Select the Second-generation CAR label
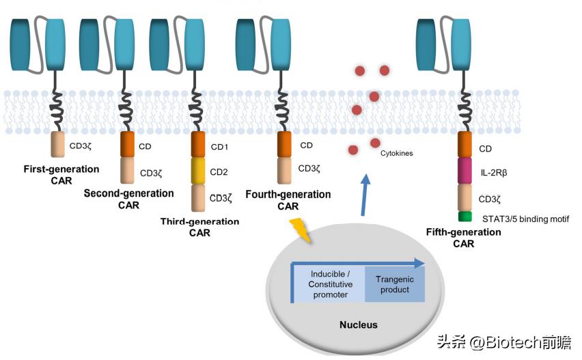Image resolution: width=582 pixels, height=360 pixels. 128,199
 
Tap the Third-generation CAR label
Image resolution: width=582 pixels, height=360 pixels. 199,227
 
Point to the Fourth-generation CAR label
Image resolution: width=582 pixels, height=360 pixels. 288,200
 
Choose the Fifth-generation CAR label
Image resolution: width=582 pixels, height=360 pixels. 463,238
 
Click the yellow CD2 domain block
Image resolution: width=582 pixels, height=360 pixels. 198,171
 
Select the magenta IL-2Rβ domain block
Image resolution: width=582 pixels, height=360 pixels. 465,171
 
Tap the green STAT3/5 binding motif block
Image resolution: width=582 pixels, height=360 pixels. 465,217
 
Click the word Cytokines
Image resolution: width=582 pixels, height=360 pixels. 397,154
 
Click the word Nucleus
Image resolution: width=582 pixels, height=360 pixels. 359,324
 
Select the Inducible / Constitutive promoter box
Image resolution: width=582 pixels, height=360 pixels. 330,284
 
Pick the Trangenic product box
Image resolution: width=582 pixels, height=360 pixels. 395,284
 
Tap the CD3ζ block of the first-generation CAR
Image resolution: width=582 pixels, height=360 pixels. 58,145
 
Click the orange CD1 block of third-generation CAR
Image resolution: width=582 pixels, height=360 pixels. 198,145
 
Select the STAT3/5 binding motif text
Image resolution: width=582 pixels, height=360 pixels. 525,219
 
